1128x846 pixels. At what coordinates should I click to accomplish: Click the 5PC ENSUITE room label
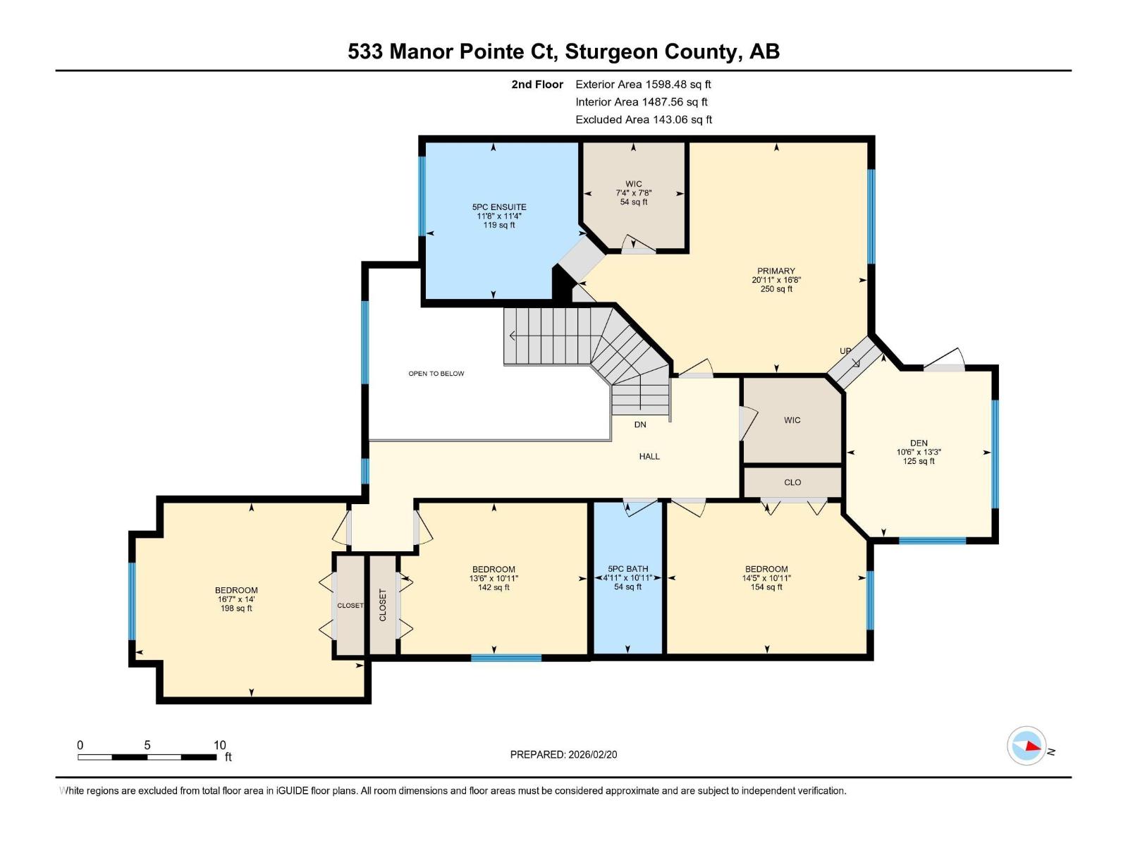click(x=499, y=207)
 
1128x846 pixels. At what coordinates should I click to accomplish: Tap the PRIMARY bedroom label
click(x=775, y=271)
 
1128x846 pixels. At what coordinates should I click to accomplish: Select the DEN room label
click(x=919, y=443)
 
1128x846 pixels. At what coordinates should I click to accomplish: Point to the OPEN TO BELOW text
click(x=436, y=374)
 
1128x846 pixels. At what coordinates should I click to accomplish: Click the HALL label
click(x=649, y=457)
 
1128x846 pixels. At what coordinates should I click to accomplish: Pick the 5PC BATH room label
click(x=627, y=569)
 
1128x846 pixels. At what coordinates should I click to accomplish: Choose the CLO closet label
click(x=792, y=482)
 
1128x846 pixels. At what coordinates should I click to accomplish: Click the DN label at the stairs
click(x=640, y=424)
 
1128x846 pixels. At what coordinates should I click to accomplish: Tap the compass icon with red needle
click(x=1026, y=746)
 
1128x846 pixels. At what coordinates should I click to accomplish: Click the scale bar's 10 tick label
click(x=220, y=745)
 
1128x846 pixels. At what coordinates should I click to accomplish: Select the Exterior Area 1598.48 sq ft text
click(x=643, y=84)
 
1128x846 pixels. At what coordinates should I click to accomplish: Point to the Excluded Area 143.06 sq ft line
click(x=644, y=120)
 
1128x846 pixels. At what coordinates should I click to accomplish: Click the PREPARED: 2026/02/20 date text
click(x=563, y=754)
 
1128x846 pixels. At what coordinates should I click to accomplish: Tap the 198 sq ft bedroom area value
click(x=236, y=608)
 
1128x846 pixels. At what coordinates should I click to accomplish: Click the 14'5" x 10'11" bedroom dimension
click(x=766, y=578)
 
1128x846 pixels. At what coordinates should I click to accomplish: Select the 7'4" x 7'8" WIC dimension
click(x=633, y=193)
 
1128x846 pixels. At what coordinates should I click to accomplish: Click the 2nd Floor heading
click(x=537, y=84)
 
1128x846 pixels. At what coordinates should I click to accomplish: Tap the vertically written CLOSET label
click(x=383, y=605)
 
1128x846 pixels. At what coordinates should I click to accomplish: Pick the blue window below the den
click(x=932, y=541)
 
